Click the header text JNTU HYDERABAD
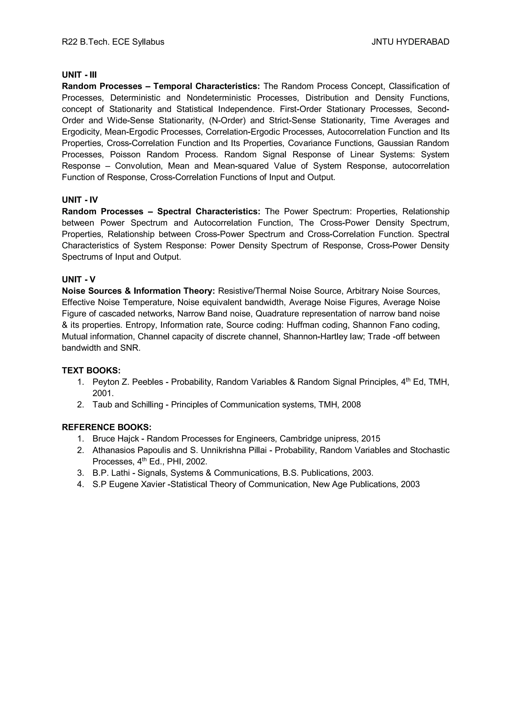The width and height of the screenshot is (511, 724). click(410, 42)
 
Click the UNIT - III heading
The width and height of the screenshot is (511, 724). click(79, 75)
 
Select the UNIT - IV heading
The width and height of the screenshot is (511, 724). click(80, 200)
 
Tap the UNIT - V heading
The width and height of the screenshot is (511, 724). click(79, 279)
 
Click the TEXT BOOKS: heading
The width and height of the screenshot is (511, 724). click(91, 370)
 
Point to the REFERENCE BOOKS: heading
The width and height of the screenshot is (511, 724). click(107, 427)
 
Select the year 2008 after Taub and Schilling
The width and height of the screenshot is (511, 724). click(351, 404)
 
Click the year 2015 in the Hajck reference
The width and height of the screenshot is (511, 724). click(371, 439)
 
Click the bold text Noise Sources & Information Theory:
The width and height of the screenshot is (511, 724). click(138, 291)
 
